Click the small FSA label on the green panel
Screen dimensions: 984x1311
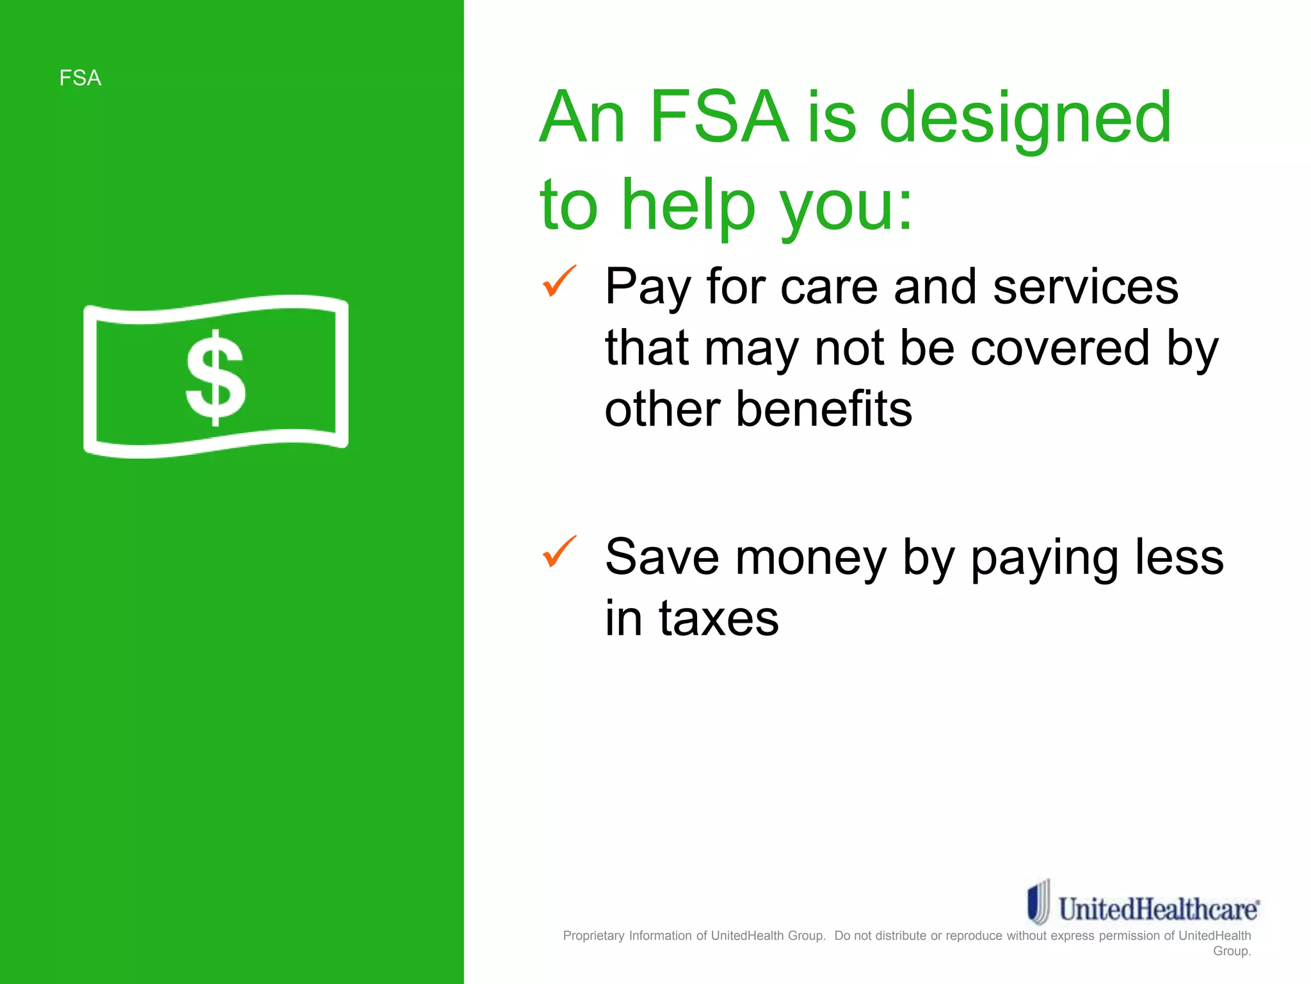coord(80,78)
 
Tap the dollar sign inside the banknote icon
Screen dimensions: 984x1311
coord(216,378)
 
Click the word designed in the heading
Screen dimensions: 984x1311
coord(1025,119)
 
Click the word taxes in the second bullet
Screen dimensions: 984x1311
coord(719,618)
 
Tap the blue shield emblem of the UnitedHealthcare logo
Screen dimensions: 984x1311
coord(1038,902)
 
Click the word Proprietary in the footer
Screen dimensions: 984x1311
coord(593,936)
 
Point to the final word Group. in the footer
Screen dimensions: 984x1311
coord(1232,951)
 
